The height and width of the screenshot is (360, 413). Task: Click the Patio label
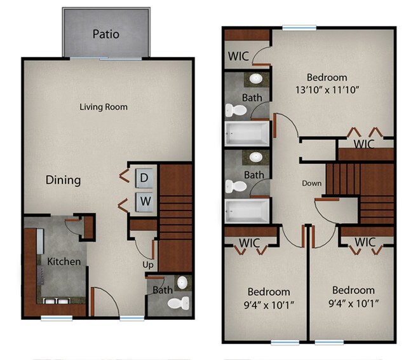point(105,34)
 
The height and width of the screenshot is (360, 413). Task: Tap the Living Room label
point(104,107)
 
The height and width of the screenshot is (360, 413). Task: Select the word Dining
point(64,180)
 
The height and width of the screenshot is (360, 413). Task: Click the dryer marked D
point(144,178)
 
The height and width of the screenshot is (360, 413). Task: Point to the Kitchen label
point(64,261)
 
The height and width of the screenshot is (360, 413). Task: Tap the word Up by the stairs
point(147,263)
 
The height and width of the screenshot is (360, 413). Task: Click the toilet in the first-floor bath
point(177,303)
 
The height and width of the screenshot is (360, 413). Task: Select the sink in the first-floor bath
point(182,282)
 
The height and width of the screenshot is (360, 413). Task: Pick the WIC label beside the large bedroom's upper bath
point(238,56)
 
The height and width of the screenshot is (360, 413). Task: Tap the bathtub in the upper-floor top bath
point(247,132)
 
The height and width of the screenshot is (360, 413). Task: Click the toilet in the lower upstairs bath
point(238,186)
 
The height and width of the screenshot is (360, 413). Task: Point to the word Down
point(311,183)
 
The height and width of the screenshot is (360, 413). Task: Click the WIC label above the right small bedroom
point(365,242)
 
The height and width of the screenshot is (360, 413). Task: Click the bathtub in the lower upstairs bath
point(247,209)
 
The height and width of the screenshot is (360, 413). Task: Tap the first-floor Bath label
point(163,290)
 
